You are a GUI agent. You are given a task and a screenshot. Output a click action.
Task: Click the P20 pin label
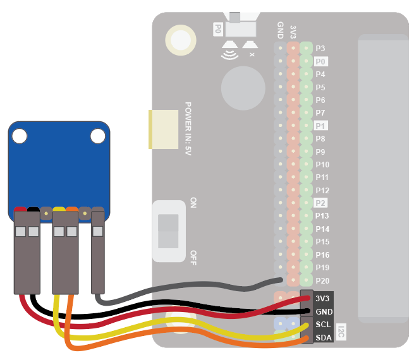click(x=322, y=280)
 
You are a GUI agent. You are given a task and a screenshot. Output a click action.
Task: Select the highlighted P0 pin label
click(x=320, y=61)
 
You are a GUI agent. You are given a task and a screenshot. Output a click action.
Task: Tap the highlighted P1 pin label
click(x=320, y=126)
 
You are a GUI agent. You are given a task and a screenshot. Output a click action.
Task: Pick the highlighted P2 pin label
click(x=320, y=203)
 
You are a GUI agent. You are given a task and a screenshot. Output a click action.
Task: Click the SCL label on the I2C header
click(x=322, y=325)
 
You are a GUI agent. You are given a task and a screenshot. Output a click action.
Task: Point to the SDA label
click(x=322, y=338)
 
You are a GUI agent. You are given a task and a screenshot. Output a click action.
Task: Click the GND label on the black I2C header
click(x=322, y=311)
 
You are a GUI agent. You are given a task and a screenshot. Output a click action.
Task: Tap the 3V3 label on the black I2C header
click(x=322, y=298)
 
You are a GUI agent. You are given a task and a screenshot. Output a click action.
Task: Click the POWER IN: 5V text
click(x=188, y=129)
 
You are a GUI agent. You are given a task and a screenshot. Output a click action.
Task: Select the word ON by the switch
click(x=193, y=203)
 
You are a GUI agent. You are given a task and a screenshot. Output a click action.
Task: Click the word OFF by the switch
click(x=193, y=256)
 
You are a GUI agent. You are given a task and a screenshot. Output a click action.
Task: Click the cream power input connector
click(x=163, y=129)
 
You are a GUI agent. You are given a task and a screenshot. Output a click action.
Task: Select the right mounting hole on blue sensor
click(x=97, y=135)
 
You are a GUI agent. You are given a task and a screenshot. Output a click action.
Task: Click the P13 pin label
click(x=322, y=216)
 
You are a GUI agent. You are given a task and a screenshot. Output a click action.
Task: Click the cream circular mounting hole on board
click(x=179, y=40)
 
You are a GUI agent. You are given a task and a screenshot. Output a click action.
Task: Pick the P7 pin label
click(x=320, y=112)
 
